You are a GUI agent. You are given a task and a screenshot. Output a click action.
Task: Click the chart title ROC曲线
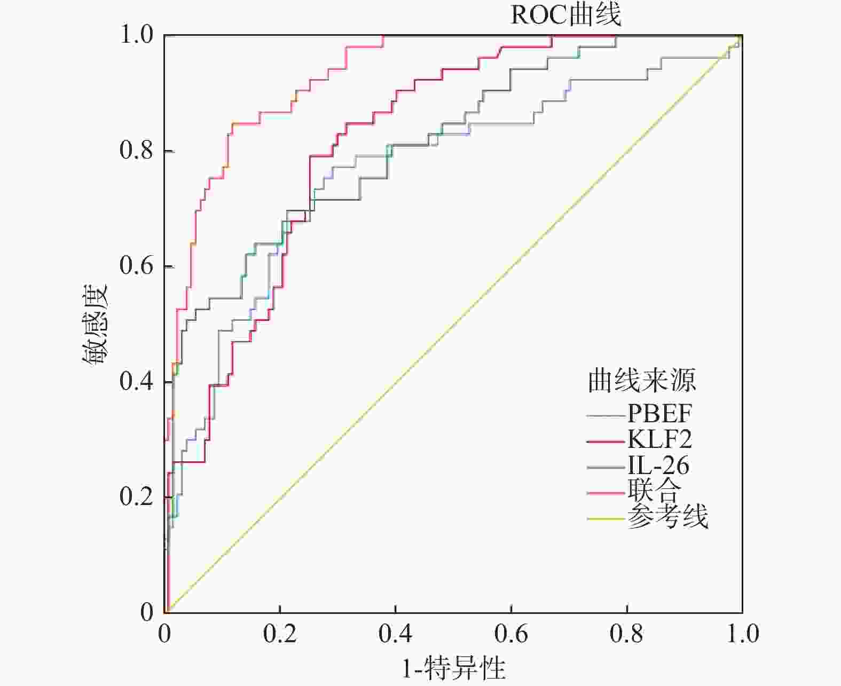[566, 15]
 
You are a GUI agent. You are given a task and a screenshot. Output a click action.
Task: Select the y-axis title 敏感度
[96, 324]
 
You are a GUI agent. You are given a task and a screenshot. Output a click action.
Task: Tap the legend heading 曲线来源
[642, 381]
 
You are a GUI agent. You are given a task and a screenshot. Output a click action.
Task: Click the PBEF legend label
[659, 413]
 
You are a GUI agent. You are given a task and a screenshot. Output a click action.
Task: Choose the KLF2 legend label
[659, 439]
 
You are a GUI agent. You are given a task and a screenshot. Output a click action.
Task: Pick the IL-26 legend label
[658, 466]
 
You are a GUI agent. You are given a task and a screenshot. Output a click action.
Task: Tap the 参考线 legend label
[667, 516]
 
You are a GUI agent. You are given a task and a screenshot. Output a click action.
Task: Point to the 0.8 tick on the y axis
[137, 151]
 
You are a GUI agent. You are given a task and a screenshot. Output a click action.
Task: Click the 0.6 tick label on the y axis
[137, 266]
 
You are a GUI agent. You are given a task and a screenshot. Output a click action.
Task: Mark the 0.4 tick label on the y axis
[137, 382]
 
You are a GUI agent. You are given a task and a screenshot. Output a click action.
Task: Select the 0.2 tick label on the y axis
[137, 497]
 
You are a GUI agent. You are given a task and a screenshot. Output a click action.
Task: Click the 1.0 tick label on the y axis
[137, 35]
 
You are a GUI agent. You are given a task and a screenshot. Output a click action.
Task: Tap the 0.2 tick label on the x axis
[280, 634]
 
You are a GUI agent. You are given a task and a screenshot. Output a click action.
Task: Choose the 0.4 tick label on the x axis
[396, 634]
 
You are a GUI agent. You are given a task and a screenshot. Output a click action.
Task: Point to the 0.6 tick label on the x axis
[512, 634]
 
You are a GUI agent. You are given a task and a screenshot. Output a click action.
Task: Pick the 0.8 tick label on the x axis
[627, 634]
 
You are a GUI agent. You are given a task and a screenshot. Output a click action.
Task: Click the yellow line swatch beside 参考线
[606, 518]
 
